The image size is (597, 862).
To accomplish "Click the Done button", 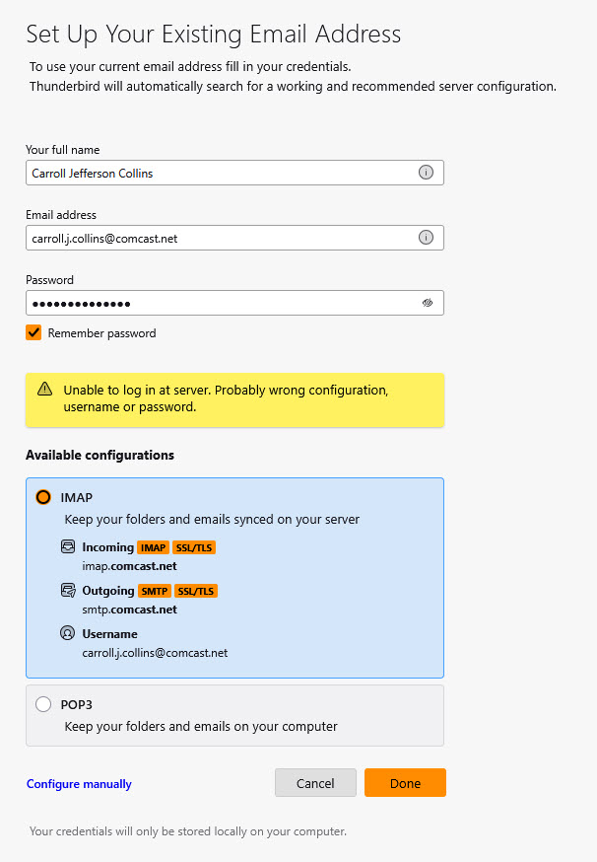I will pos(405,783).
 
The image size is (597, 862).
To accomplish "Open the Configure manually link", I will pos(79,784).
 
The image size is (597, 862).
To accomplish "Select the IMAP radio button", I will pos(43,497).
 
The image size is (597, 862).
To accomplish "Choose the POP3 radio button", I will pos(43,704).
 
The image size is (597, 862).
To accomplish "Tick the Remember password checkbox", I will pos(33,333).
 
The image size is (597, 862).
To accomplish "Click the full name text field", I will pos(217,173).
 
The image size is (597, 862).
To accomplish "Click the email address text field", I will pos(217,238).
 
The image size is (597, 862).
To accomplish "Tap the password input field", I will pos(217,303).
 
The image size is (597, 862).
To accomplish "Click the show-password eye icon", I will pos(427,303).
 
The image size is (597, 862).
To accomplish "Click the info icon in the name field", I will pos(427,173).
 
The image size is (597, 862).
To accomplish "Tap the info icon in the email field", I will pos(427,238).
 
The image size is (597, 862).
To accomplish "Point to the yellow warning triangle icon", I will pos(45,390).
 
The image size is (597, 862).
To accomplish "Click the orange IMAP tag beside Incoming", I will pos(153,547).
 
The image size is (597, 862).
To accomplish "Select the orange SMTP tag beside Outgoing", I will pos(154,591).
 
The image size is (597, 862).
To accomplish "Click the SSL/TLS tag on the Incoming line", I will pos(194,547).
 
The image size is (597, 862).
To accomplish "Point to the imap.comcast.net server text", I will pos(129,566).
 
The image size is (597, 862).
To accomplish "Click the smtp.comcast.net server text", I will pos(129,610).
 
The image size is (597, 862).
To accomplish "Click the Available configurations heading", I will pos(99,455).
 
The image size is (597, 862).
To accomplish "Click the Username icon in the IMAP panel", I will pos(68,634).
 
